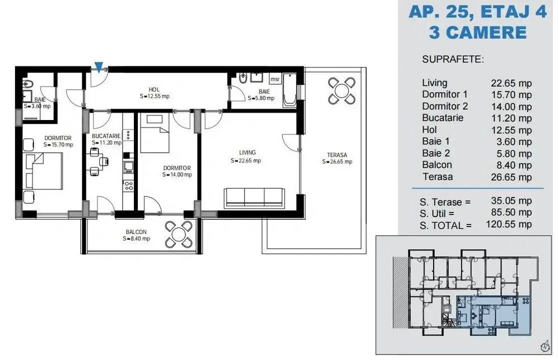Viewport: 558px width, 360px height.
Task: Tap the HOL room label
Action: (x=154, y=90)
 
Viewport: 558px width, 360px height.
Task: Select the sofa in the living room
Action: (x=254, y=198)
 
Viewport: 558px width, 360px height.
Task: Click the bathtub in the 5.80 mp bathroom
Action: (x=290, y=90)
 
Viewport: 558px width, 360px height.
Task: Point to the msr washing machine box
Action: (x=275, y=79)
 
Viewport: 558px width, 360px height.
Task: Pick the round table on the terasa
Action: (x=341, y=90)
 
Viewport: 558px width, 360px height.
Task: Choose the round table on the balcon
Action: (x=179, y=234)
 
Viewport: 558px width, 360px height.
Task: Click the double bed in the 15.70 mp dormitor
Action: (x=44, y=171)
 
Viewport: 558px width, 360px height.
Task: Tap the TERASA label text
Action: (x=337, y=155)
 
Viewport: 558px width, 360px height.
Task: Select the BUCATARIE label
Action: (x=106, y=136)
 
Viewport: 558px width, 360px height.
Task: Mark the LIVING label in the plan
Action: (x=247, y=153)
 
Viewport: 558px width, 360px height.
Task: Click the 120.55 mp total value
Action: (x=509, y=224)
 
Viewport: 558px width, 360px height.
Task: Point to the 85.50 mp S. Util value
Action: (x=511, y=213)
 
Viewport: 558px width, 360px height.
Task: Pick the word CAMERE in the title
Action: (x=488, y=32)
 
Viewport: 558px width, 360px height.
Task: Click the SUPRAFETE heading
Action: (x=453, y=59)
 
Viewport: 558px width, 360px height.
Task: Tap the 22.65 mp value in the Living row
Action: (x=511, y=83)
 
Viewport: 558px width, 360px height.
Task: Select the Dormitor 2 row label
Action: (x=445, y=106)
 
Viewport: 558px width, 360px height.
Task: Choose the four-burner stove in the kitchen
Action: (x=128, y=185)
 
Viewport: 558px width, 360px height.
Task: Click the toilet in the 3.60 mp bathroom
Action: (x=27, y=84)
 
